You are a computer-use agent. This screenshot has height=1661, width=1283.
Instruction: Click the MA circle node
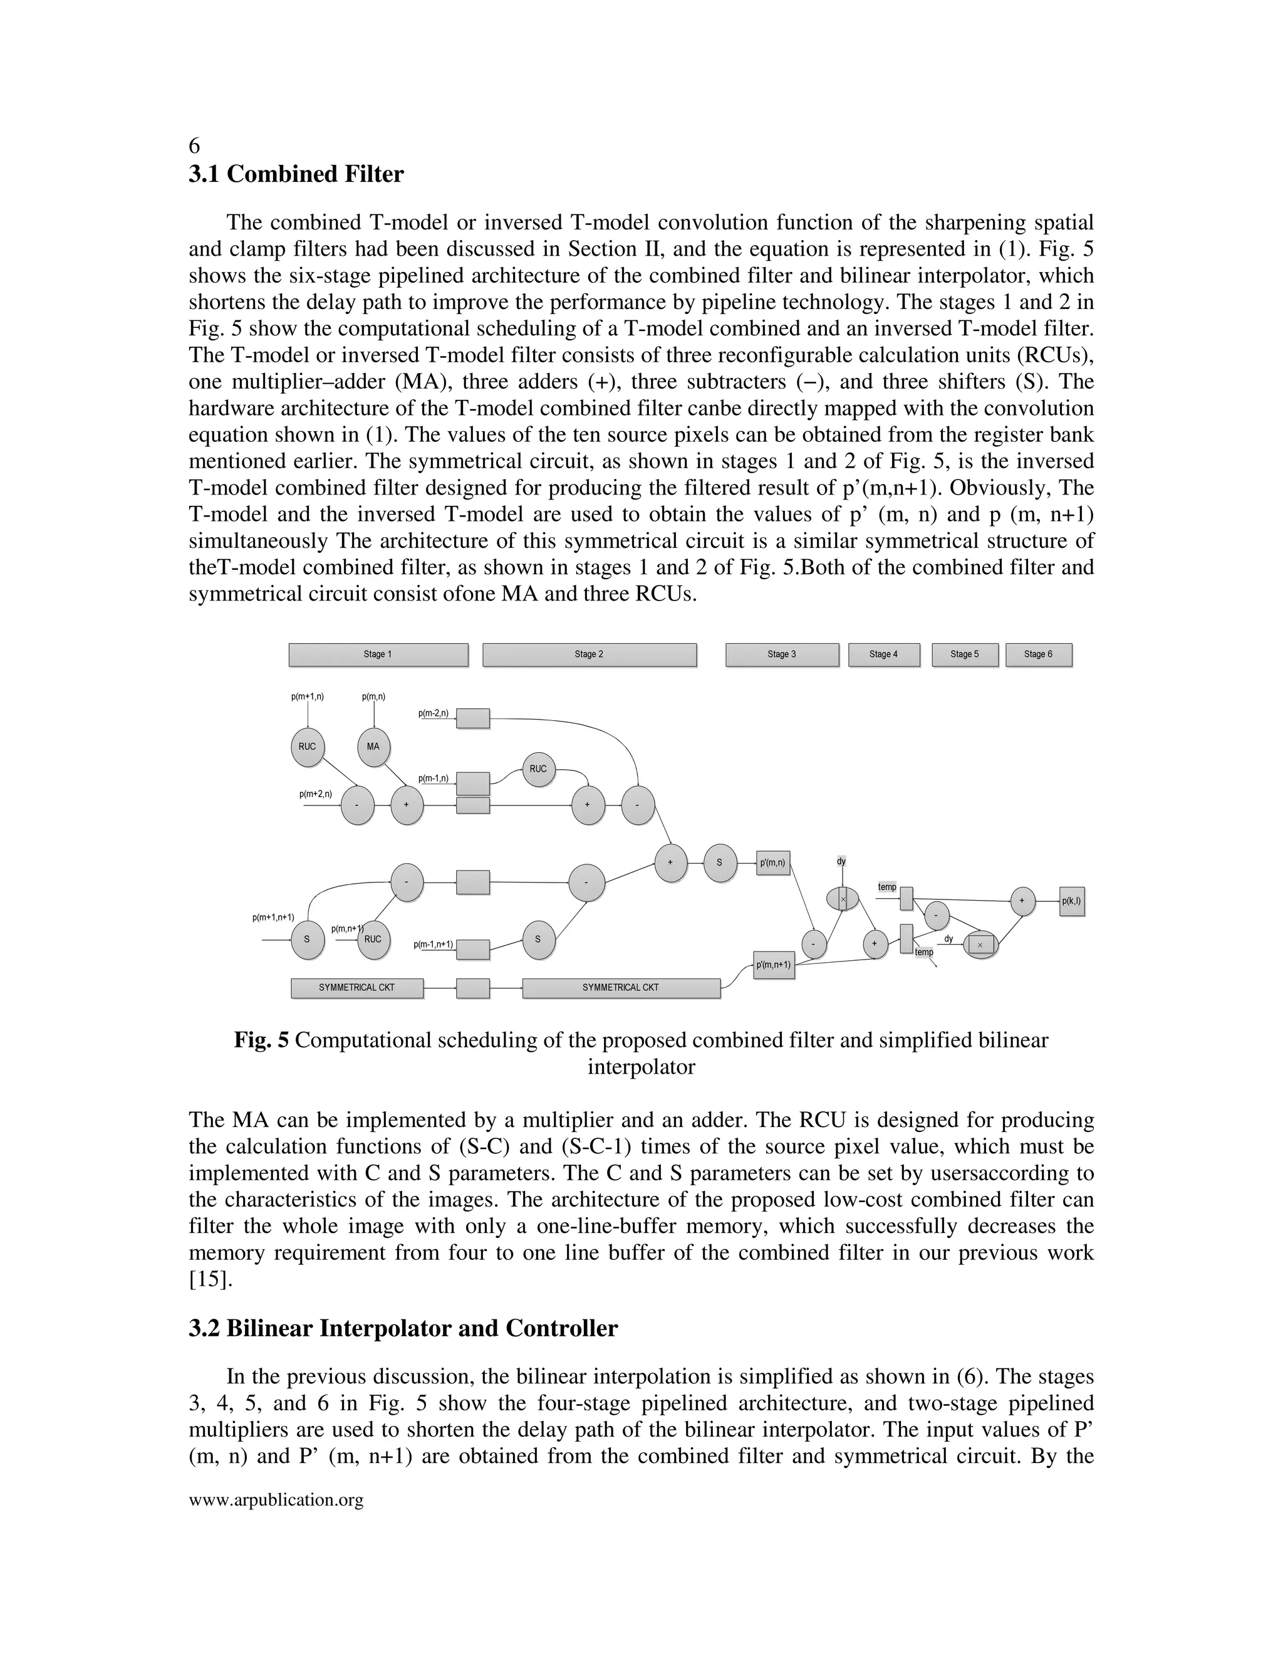point(373,747)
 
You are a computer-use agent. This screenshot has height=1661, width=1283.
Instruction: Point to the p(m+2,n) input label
point(316,794)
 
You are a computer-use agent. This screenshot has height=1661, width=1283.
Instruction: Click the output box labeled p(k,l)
point(1072,901)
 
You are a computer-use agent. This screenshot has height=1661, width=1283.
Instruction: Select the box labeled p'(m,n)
point(773,863)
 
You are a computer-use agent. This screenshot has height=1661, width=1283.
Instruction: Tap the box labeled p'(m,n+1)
point(774,965)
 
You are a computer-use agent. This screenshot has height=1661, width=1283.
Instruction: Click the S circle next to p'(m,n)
point(720,863)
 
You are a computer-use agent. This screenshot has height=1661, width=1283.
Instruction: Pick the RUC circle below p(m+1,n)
point(307,747)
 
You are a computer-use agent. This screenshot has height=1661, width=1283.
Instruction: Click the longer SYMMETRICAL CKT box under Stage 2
point(621,988)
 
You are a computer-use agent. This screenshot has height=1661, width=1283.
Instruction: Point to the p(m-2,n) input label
point(434,713)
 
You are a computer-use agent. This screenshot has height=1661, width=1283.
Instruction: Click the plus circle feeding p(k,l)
point(1022,901)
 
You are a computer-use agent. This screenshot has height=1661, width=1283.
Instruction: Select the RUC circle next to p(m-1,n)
point(538,769)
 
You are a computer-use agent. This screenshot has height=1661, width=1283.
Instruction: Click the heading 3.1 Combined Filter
point(296,174)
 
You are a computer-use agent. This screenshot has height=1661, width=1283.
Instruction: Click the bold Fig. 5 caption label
point(261,1040)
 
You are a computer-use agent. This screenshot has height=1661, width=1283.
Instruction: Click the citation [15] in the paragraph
point(210,1279)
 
